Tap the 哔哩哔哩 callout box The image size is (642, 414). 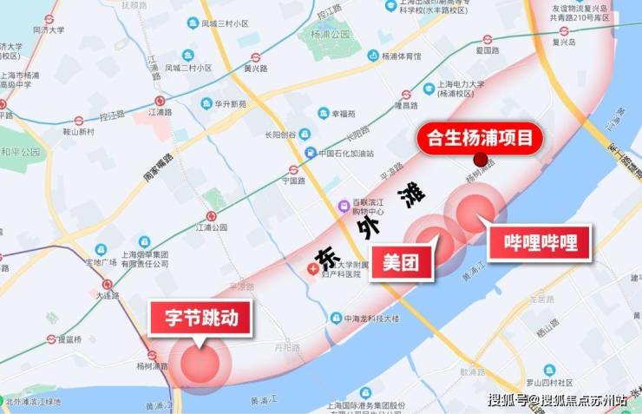pyautogui.click(x=540, y=244)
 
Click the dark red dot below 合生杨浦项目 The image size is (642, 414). pyautogui.click(x=480, y=160)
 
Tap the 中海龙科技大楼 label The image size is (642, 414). pyautogui.click(x=370, y=319)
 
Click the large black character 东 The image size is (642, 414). pyautogui.click(x=325, y=256)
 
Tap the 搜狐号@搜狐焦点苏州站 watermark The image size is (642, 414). pyautogui.click(x=557, y=400)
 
